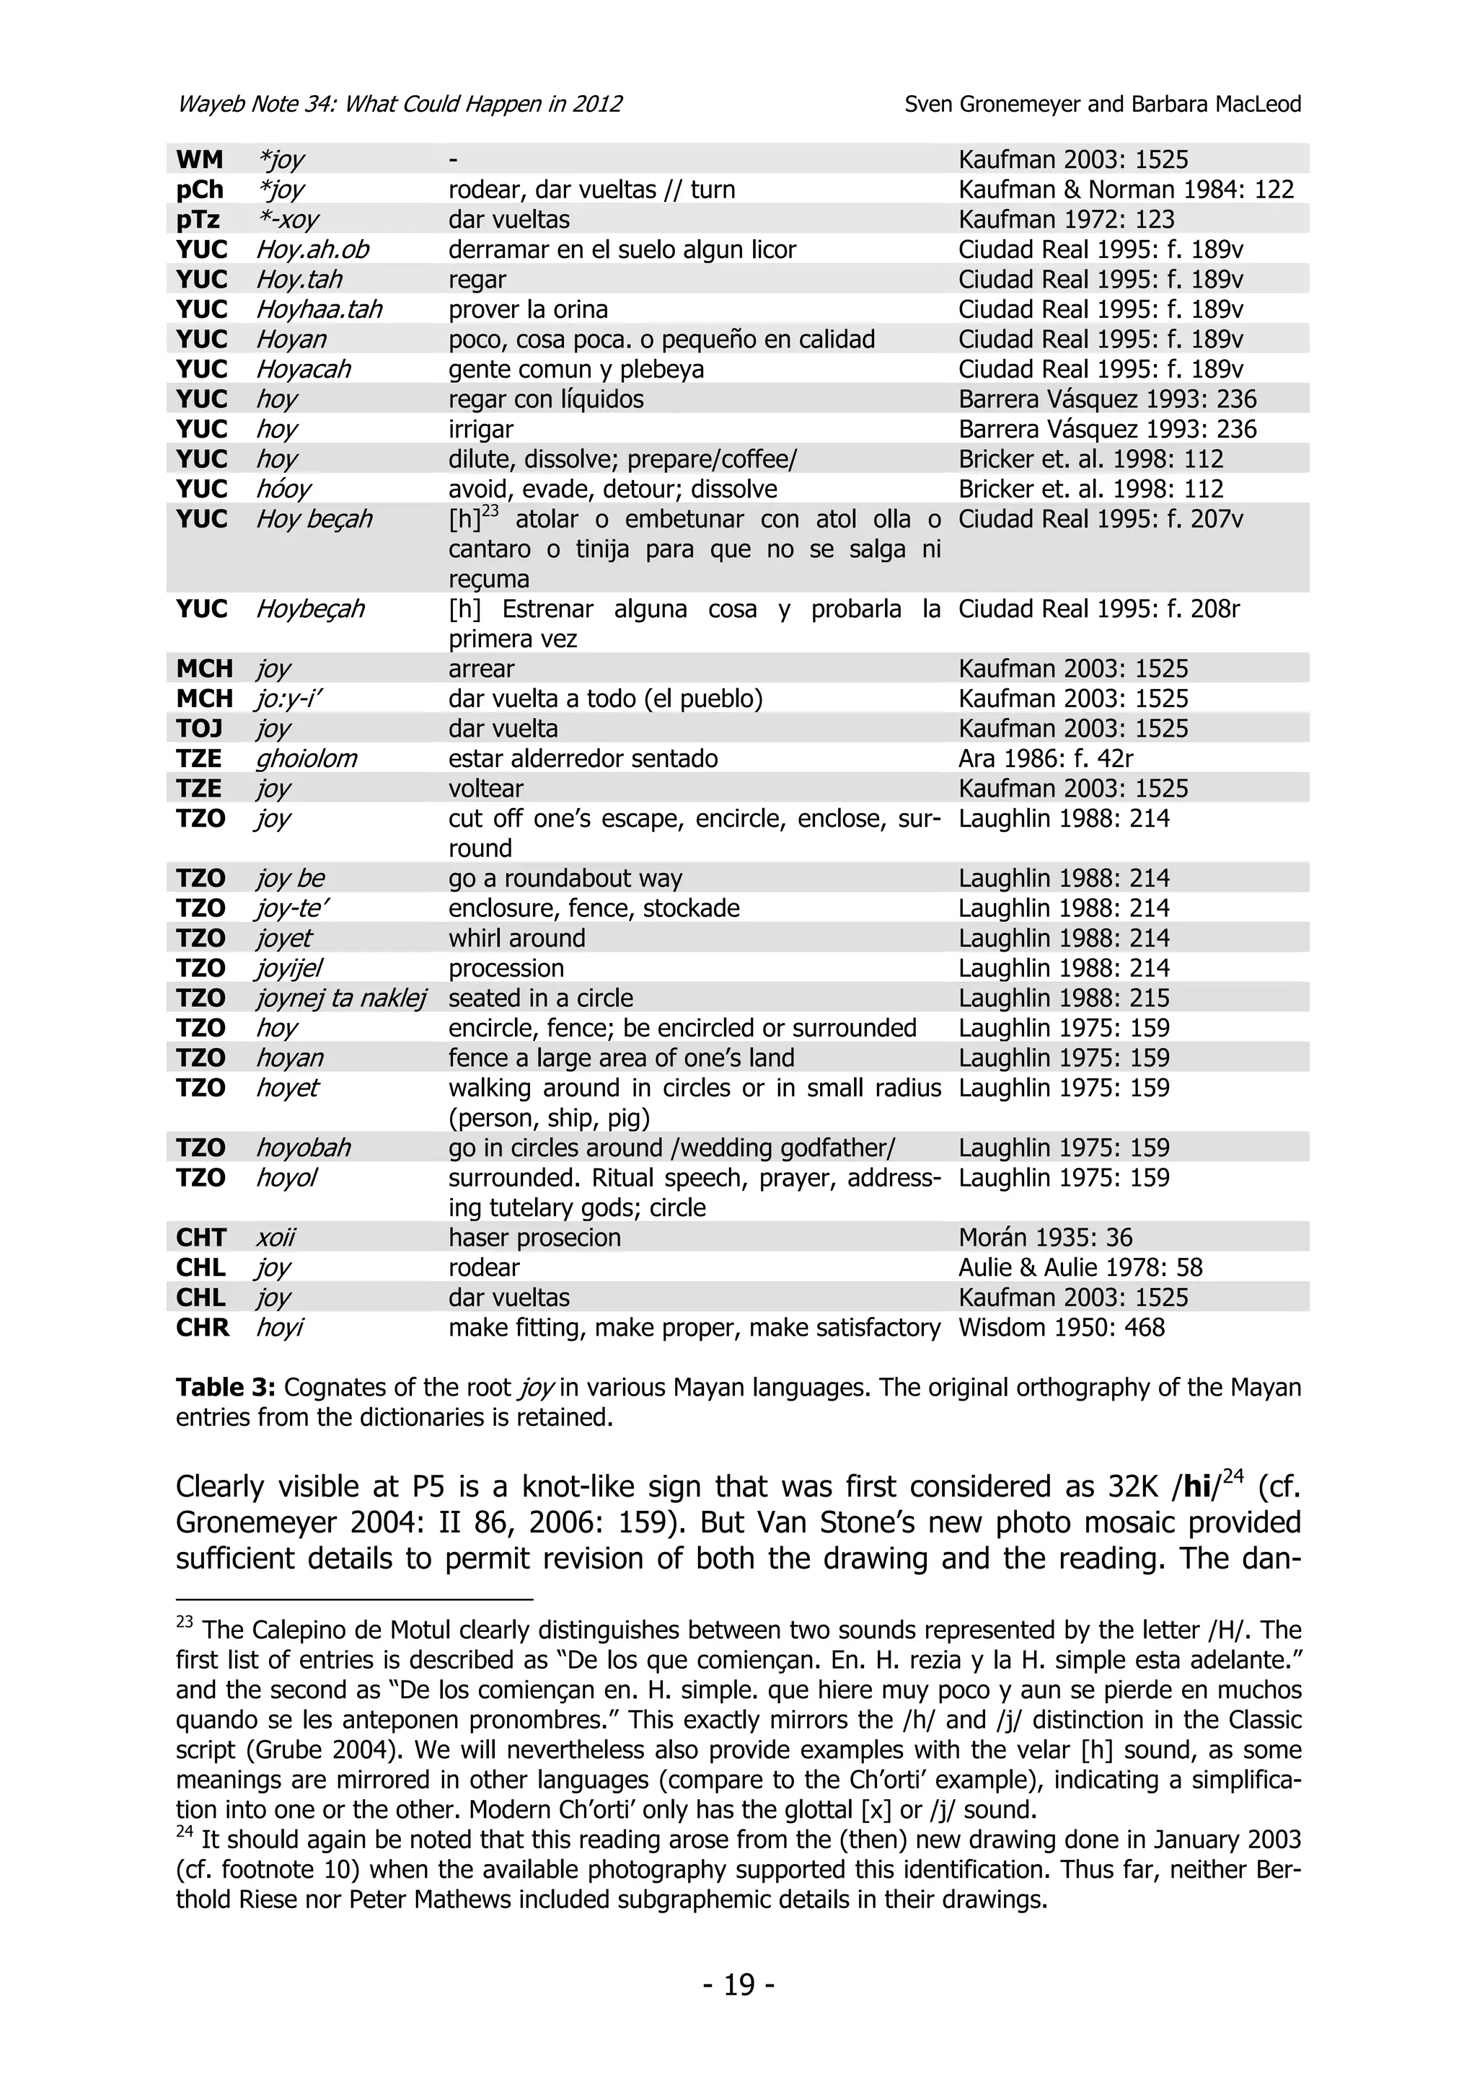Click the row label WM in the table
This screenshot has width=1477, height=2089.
(x=199, y=159)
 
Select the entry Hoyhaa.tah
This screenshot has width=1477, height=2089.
(x=319, y=309)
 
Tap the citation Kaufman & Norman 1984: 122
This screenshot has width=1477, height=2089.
(x=1126, y=190)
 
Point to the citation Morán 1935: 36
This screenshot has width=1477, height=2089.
(x=1045, y=1238)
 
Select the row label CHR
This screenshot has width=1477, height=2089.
(x=202, y=1328)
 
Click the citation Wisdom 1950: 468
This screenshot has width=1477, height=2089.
(x=1061, y=1328)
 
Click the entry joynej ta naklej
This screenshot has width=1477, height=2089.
(x=340, y=998)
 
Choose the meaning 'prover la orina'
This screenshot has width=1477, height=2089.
(x=528, y=309)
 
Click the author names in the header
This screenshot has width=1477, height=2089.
(x=1102, y=104)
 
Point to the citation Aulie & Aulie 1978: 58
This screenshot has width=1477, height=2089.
(x=1080, y=1267)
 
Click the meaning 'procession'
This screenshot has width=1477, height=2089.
(x=506, y=968)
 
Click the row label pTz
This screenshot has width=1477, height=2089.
(x=198, y=219)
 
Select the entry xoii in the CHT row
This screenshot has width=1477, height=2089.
(x=275, y=1238)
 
